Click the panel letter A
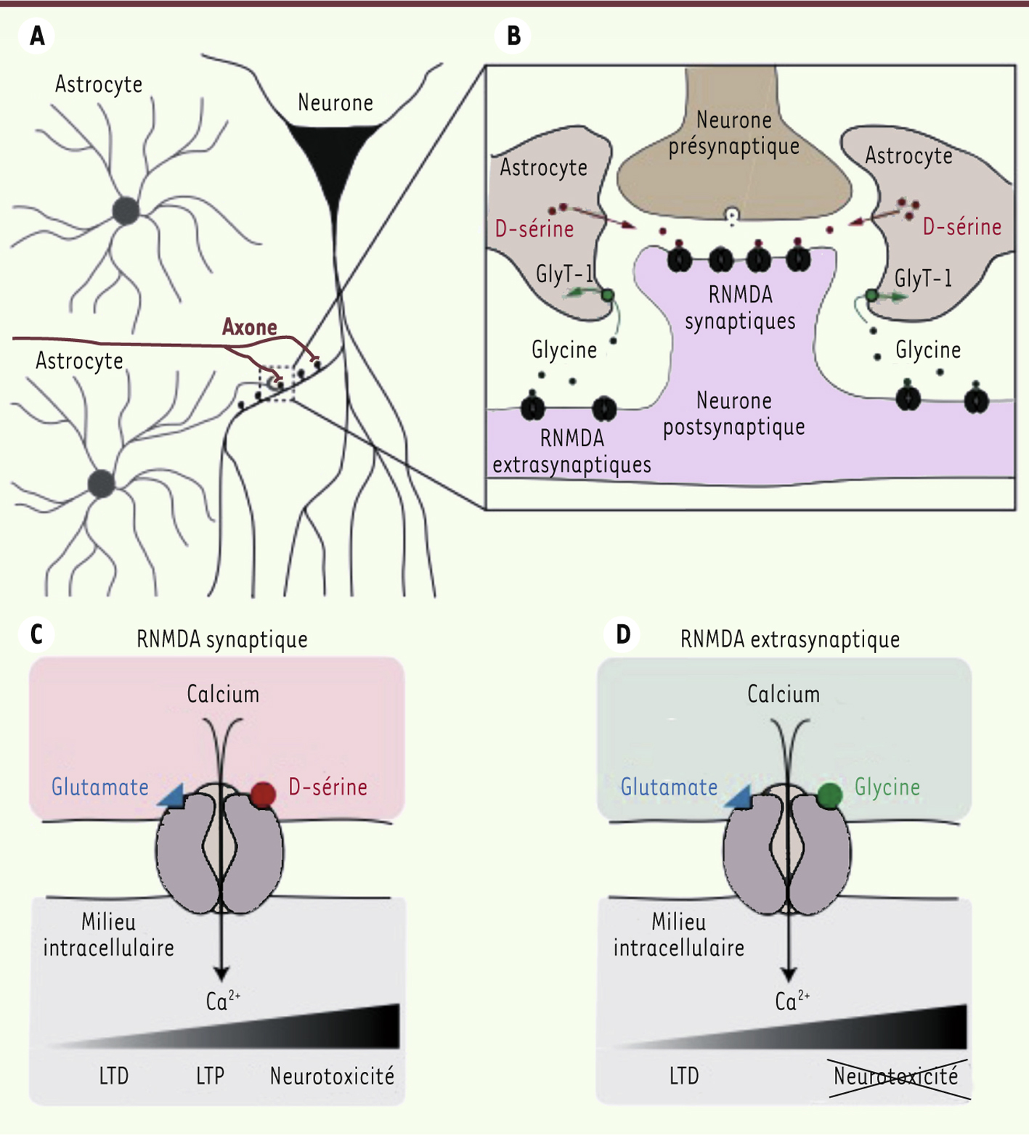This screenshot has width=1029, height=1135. point(37,36)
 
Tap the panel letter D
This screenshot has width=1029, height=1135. point(622,634)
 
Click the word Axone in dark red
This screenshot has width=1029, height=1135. point(249,327)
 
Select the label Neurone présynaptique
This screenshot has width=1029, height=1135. point(733,133)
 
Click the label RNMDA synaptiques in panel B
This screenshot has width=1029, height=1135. point(740,308)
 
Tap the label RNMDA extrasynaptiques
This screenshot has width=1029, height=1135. point(572,451)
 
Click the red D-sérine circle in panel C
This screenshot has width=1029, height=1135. point(263,794)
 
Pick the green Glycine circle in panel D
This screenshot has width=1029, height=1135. point(829,795)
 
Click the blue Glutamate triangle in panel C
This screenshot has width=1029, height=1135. point(173,796)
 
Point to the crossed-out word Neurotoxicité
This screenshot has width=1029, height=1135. point(895,1075)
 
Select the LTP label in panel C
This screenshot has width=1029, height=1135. point(210,1075)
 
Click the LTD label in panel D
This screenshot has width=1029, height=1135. point(684,1075)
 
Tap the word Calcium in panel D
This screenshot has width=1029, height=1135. point(783,694)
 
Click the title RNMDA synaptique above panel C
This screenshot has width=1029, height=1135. point(221,639)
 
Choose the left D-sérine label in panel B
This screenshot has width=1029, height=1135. point(534,229)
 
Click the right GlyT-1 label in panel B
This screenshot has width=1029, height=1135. point(922,279)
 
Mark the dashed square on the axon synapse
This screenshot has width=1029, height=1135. point(277,382)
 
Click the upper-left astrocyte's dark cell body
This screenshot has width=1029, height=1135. point(126,211)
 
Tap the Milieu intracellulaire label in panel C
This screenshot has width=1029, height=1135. point(108,935)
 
